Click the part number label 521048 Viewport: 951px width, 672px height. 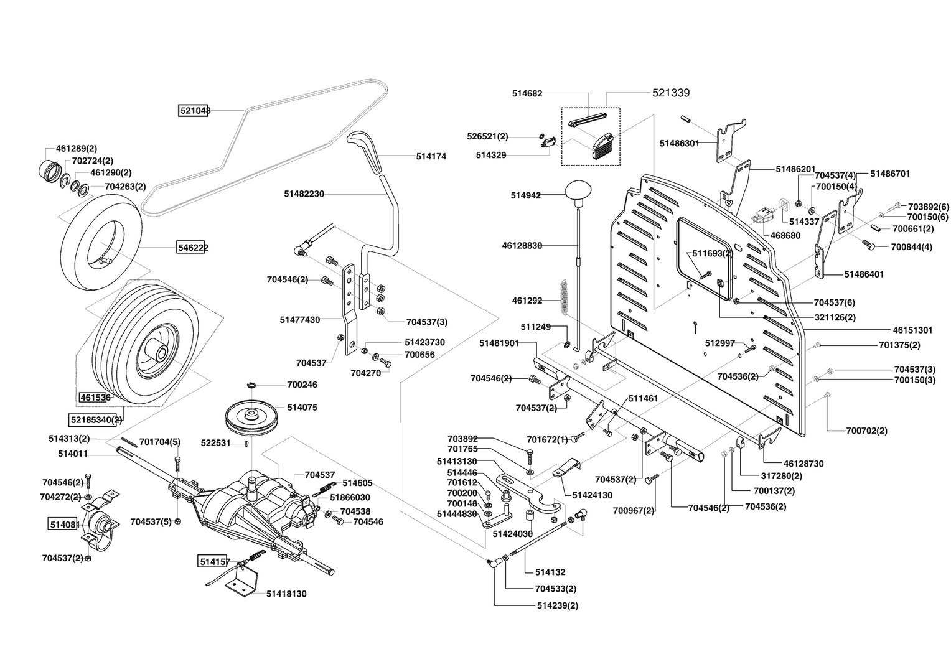[194, 111]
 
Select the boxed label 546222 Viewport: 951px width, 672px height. [192, 247]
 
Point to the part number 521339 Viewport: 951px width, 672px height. [671, 93]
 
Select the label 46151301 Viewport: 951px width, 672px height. [912, 330]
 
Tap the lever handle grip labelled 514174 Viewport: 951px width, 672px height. [363, 151]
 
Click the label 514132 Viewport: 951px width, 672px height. [550, 572]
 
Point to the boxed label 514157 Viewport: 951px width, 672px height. [214, 562]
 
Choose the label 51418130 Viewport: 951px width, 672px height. [286, 594]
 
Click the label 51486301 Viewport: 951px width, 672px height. [679, 144]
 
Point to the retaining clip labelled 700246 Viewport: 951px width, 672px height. [252, 385]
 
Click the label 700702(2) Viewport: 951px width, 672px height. [866, 431]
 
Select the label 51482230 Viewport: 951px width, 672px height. [304, 194]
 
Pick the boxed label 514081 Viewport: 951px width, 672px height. [64, 525]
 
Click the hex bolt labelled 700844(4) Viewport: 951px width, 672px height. [866, 244]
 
